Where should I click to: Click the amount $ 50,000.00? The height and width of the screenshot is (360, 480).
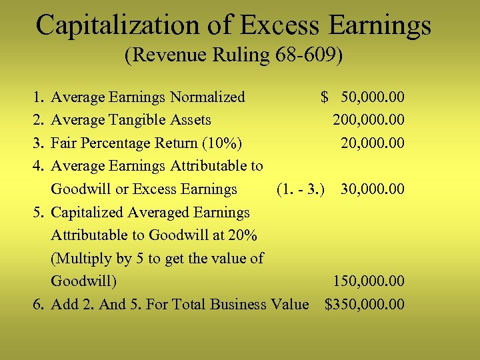coord(363,97)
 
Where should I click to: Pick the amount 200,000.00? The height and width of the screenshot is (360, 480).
coord(369,120)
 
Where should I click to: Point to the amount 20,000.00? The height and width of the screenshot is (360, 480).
coord(372,143)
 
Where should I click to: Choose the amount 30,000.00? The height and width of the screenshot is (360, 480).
coord(372,189)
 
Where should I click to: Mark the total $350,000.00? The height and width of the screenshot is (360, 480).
coord(364,305)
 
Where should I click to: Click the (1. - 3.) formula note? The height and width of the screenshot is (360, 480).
coord(301,189)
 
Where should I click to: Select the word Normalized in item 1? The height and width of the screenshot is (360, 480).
coord(207,97)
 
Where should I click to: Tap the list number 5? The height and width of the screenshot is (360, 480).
coord(38,213)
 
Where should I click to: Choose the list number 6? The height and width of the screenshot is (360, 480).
coord(38,305)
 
